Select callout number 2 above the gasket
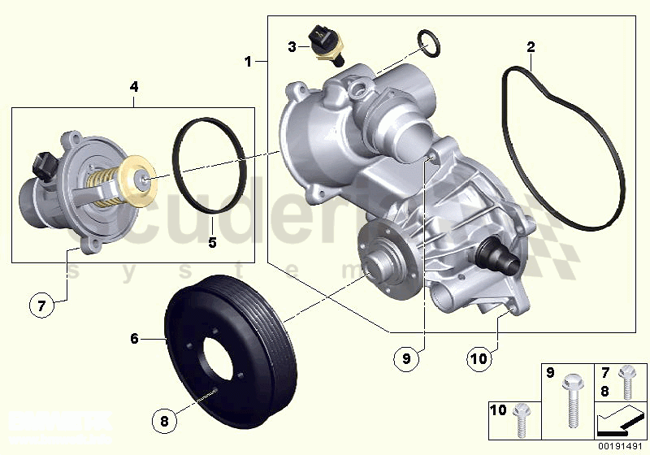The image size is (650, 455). [530, 46]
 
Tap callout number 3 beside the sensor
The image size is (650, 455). [292, 47]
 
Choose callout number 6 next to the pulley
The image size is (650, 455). [135, 338]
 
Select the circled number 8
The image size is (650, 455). [164, 421]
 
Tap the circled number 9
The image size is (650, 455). [408, 356]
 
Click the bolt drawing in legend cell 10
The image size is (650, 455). [521, 417]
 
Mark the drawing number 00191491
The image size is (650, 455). [618, 445]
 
